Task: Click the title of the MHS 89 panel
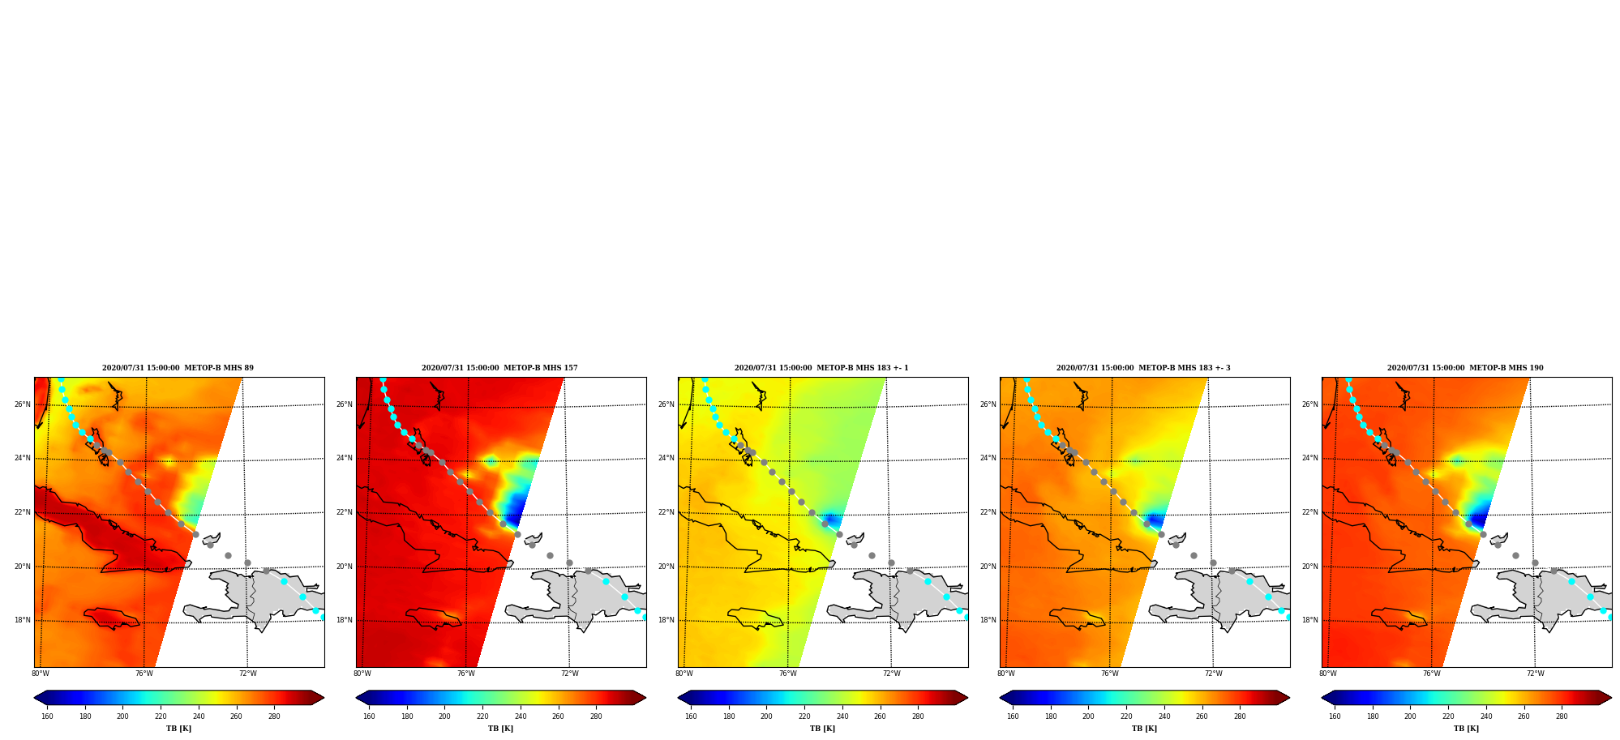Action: click(x=178, y=368)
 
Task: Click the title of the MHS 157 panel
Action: click(x=499, y=368)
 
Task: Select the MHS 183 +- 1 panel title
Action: click(x=821, y=368)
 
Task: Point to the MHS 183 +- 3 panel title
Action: click(x=1143, y=368)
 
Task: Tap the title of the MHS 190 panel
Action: click(x=1465, y=368)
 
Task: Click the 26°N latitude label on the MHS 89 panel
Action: click(x=22, y=404)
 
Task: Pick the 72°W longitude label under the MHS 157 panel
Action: click(x=570, y=674)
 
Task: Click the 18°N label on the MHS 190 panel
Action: click(x=1309, y=621)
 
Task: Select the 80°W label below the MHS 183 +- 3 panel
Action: click(x=1006, y=674)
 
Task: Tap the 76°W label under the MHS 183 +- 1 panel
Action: click(x=788, y=674)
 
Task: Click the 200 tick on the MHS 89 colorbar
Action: click(x=122, y=716)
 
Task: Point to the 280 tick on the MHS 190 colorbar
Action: click(x=1562, y=716)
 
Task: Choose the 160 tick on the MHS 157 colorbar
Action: click(x=369, y=716)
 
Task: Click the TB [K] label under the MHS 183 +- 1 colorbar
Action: click(x=822, y=729)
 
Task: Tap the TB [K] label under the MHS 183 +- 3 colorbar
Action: click(x=1144, y=729)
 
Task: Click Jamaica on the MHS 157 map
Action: click(x=434, y=618)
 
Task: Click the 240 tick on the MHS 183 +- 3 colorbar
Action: click(x=1164, y=716)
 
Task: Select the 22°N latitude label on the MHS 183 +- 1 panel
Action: click(x=666, y=512)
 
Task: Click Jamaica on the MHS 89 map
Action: click(x=112, y=618)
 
